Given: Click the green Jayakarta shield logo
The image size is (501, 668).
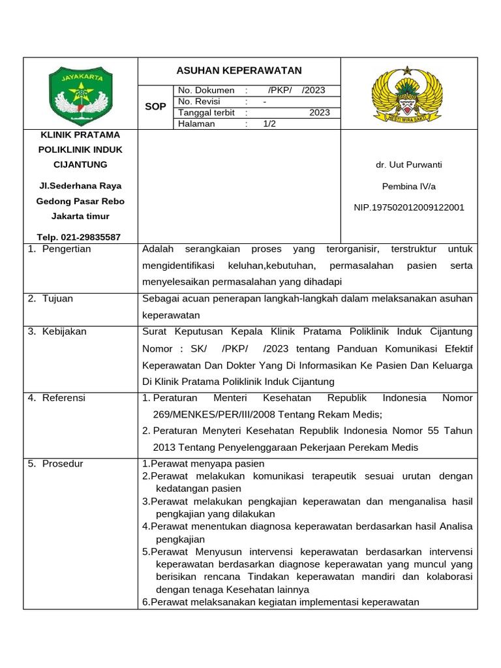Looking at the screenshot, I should click(x=80, y=93).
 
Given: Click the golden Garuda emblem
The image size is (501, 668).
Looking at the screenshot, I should click(x=407, y=93).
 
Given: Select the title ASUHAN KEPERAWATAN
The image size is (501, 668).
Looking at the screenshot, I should click(x=239, y=70).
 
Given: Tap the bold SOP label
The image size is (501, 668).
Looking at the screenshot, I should click(x=155, y=106).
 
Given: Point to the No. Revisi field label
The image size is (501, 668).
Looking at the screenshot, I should click(x=199, y=102).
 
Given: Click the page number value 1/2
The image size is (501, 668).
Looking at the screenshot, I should click(x=269, y=124).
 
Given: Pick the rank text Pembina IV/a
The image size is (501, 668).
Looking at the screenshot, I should click(x=408, y=187).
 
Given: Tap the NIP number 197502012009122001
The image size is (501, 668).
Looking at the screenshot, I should click(x=408, y=207).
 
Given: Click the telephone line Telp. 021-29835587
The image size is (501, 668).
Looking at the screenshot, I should click(x=80, y=237).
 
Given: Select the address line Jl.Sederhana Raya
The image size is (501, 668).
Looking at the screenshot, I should click(x=80, y=186).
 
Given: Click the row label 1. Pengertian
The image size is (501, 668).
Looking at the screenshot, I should click(x=59, y=249).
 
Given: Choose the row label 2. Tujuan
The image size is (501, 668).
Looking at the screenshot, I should click(x=50, y=299).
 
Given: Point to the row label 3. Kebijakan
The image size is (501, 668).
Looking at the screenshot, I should click(x=57, y=331).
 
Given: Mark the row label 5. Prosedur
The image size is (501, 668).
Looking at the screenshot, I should click(x=55, y=464).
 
